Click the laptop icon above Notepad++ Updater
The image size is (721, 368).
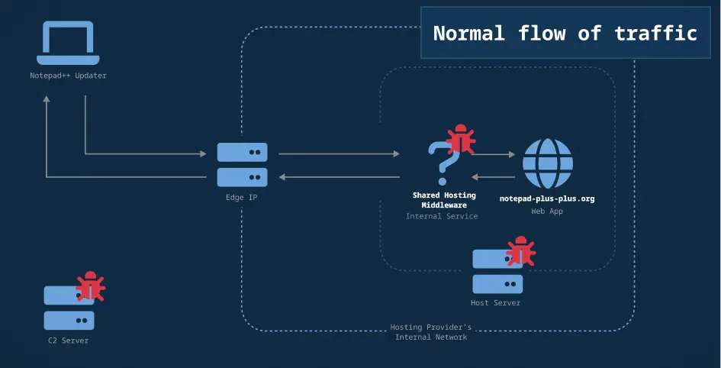click(x=68, y=44)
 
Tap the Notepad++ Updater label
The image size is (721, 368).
click(x=68, y=76)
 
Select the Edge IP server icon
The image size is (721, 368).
click(x=242, y=164)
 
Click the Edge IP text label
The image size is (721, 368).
click(x=242, y=197)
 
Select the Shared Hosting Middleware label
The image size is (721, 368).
click(x=444, y=200)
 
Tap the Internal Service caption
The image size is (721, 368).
click(x=442, y=216)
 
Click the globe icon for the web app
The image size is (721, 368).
click(x=547, y=163)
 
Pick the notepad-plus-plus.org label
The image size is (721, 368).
click(x=547, y=199)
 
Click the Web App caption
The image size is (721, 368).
click(x=547, y=211)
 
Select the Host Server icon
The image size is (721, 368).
click(x=497, y=272)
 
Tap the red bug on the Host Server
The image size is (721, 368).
click(x=521, y=252)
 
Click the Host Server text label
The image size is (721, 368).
click(x=496, y=303)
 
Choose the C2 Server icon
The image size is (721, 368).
click(x=69, y=308)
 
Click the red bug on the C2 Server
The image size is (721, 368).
click(x=92, y=287)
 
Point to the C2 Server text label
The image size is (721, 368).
click(x=69, y=341)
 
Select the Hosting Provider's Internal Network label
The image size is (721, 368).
click(x=431, y=332)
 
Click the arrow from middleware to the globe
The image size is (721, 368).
click(x=494, y=154)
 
